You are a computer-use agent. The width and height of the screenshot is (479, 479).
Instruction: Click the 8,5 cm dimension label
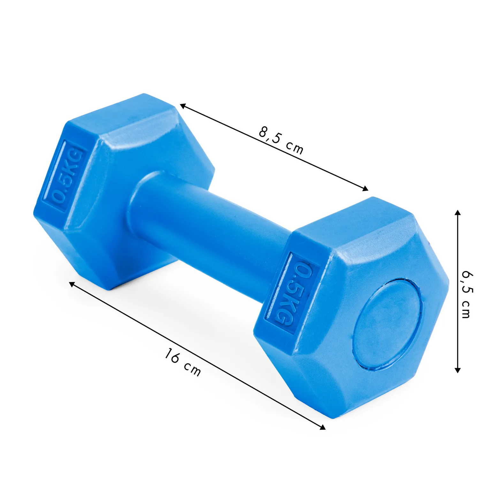[x=281, y=140]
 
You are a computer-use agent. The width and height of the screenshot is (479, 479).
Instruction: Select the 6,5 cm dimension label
[x=467, y=294]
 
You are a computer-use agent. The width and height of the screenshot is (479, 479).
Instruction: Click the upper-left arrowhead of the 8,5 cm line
[x=183, y=106]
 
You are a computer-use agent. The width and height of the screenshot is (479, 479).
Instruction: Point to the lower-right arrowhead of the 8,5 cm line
[x=365, y=188]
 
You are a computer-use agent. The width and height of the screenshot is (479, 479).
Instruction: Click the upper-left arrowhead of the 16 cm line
[x=72, y=284]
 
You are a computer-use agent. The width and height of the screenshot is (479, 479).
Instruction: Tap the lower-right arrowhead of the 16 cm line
[x=322, y=427]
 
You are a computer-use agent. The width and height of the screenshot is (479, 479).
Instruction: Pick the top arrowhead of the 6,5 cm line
[x=458, y=213]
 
